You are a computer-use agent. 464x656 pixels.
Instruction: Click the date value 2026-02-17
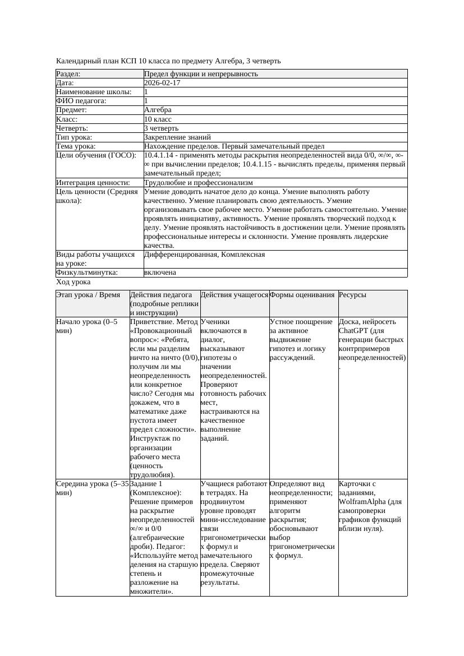[162, 83]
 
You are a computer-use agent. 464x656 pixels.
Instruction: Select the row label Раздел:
[68, 74]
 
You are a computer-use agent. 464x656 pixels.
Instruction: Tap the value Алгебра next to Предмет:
[158, 110]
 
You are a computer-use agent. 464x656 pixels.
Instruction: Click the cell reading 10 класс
[158, 119]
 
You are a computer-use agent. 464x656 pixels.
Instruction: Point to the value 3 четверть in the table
[161, 128]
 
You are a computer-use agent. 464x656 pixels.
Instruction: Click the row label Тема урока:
[76, 146]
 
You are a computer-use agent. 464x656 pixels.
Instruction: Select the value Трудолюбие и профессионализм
[198, 183]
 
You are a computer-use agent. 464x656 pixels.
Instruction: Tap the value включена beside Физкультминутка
[160, 272]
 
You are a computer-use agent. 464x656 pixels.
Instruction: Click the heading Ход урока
[73, 281]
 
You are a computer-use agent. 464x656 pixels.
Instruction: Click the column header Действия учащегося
[234, 295]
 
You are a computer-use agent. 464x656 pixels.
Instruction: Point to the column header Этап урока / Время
[88, 295]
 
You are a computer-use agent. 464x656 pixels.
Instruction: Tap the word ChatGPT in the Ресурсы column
[353, 331]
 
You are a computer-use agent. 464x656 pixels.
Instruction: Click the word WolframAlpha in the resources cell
[362, 502]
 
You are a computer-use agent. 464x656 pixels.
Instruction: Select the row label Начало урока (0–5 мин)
[87, 326]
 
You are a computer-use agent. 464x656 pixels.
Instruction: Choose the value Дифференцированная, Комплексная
[204, 255]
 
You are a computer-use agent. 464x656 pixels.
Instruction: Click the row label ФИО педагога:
[81, 101]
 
